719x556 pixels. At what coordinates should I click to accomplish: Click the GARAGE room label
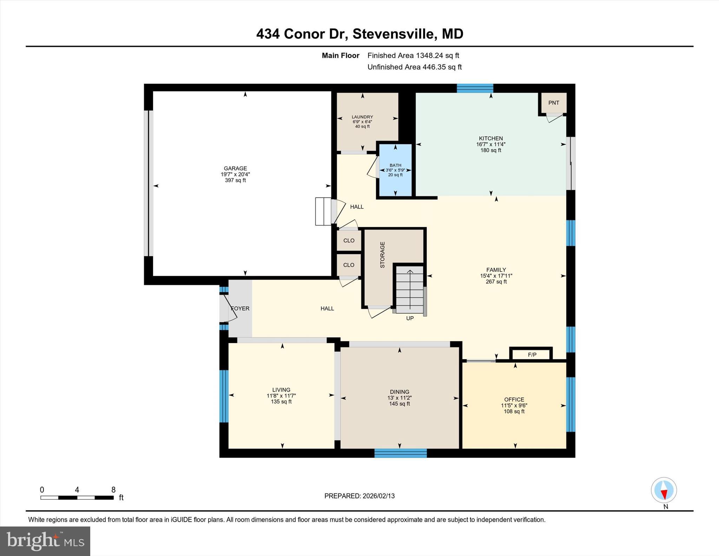click(x=235, y=168)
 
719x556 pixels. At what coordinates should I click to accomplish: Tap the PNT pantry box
click(x=554, y=103)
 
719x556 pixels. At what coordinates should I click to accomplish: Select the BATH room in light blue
click(x=395, y=170)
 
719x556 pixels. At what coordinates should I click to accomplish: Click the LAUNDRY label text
click(x=362, y=117)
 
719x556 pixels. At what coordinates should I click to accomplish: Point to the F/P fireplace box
click(x=532, y=355)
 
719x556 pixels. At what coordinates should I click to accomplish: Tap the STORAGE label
click(x=382, y=255)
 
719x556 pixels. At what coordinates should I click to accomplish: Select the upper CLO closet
click(x=349, y=241)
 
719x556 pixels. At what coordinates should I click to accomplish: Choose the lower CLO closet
click(x=349, y=265)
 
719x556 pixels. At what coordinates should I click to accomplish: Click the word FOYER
click(x=240, y=308)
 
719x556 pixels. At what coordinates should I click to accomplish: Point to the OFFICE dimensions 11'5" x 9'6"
click(x=514, y=405)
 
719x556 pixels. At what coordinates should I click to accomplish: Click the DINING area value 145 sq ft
click(x=400, y=404)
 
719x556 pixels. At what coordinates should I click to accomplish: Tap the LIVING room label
click(x=281, y=390)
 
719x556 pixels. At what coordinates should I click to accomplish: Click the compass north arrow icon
click(x=664, y=490)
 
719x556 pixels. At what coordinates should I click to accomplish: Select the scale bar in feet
click(x=77, y=497)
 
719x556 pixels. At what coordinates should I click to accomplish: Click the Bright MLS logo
click(x=45, y=541)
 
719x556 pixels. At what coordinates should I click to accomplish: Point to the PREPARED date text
click(x=359, y=496)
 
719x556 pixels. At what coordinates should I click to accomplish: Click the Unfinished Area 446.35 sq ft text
click(x=414, y=67)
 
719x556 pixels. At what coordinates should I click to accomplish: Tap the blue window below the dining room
click(x=401, y=453)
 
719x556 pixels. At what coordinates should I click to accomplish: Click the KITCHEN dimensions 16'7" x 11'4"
click(x=491, y=144)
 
